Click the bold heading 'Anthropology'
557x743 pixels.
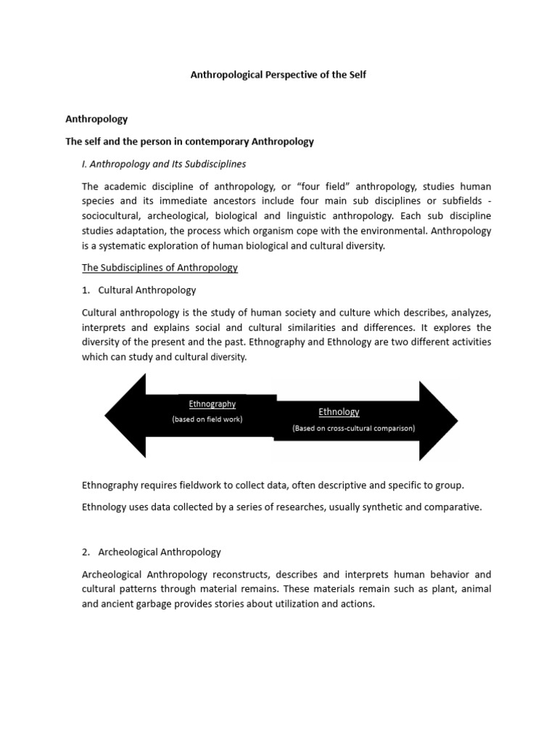click(96, 119)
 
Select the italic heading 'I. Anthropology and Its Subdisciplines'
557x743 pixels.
click(164, 164)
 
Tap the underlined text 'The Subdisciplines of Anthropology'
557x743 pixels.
click(160, 268)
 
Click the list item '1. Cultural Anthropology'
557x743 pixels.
click(139, 290)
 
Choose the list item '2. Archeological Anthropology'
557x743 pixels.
click(152, 552)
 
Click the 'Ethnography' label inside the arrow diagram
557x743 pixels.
click(212, 404)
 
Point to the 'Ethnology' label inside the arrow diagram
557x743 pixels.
click(339, 412)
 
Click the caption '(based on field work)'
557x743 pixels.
click(207, 419)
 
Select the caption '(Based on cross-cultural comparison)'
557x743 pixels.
click(354, 428)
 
